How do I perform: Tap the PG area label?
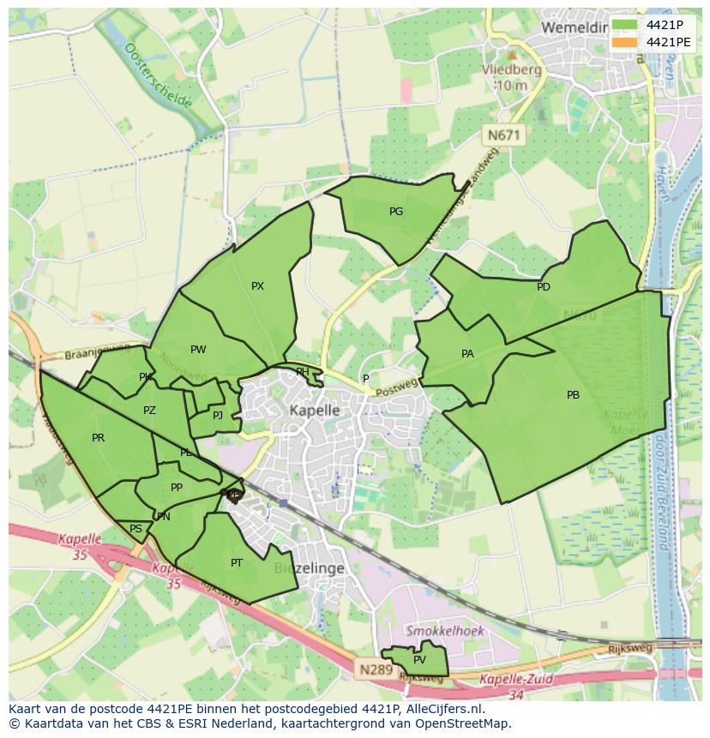click(396, 212)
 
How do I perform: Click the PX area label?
click(257, 286)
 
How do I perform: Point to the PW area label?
click(198, 349)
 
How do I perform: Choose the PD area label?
click(544, 287)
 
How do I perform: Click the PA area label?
click(467, 353)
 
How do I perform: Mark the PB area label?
click(573, 395)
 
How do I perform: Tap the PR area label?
click(98, 438)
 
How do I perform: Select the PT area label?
click(237, 563)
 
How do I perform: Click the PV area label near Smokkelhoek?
click(419, 660)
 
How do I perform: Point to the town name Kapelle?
click(315, 411)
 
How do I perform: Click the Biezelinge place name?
click(309, 568)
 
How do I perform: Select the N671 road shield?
click(503, 135)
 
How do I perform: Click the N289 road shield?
click(376, 669)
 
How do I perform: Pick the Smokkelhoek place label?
click(445, 631)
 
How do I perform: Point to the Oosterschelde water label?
click(158, 76)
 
